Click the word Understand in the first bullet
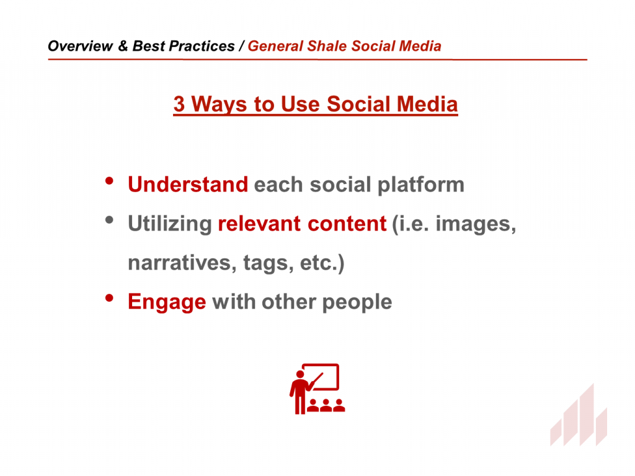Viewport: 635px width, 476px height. coord(188,185)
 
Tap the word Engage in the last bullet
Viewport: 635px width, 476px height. coord(167,302)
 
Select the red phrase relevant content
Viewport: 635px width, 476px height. coord(302,224)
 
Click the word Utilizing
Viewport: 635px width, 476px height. coord(170,224)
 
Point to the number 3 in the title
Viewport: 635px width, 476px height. coord(179,104)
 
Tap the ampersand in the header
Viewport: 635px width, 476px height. coord(123,46)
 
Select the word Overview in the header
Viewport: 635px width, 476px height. coord(80,46)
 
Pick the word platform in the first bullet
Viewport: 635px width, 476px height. coord(421,185)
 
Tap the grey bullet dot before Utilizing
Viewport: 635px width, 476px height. coord(109,220)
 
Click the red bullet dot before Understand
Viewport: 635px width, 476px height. coord(109,181)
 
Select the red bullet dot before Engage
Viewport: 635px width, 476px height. coord(109,298)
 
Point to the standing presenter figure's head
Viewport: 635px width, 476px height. coord(300,374)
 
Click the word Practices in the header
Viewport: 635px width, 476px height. coord(202,46)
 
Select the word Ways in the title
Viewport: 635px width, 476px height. coord(219,105)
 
